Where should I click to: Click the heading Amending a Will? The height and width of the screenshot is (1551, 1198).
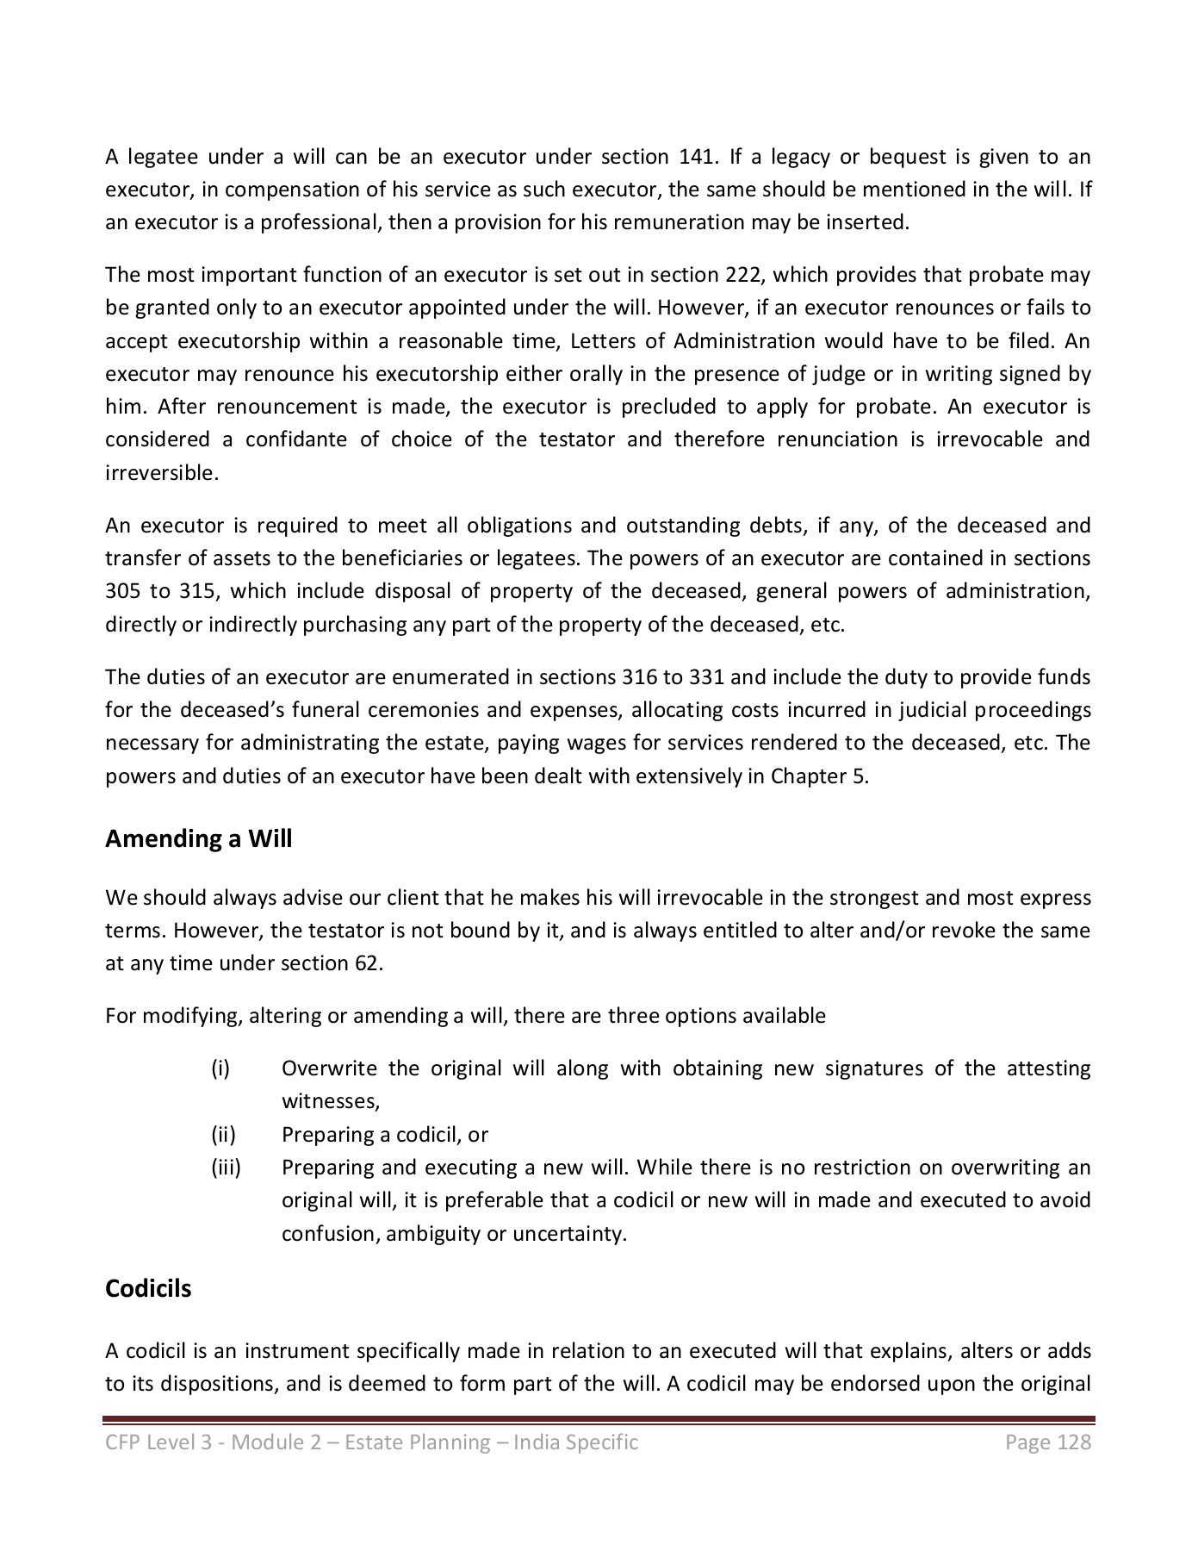198,838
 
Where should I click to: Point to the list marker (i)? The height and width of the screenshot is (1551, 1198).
220,1068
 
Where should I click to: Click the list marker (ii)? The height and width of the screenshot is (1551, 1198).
223,1134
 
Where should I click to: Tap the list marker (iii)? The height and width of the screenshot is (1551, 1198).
226,1168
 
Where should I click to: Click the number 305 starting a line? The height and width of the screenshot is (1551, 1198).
121,591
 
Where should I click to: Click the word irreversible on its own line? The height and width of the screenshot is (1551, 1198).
161,472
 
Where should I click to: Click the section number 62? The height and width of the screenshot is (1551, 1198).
366,963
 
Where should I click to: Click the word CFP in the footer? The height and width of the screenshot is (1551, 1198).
121,1442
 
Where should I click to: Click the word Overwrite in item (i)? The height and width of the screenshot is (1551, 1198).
329,1068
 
